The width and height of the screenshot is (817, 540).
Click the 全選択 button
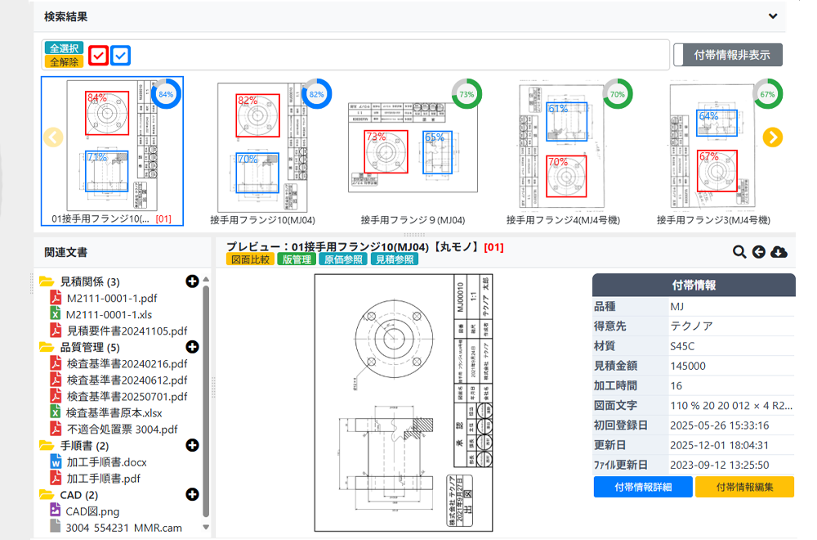64,48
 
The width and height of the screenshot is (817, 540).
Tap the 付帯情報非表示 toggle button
728,55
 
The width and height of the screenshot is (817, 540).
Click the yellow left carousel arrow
53,137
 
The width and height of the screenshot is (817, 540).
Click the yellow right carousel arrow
773,137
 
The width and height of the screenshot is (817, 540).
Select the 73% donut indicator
466,94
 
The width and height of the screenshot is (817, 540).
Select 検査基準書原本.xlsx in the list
114,412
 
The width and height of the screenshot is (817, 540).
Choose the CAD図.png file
93,511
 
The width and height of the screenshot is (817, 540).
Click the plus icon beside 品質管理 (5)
193,347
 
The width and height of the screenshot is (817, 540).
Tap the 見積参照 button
394,259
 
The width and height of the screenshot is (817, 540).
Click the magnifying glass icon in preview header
739,252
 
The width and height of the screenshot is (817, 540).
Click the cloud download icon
779,252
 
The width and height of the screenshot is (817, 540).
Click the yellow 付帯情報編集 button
744,487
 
